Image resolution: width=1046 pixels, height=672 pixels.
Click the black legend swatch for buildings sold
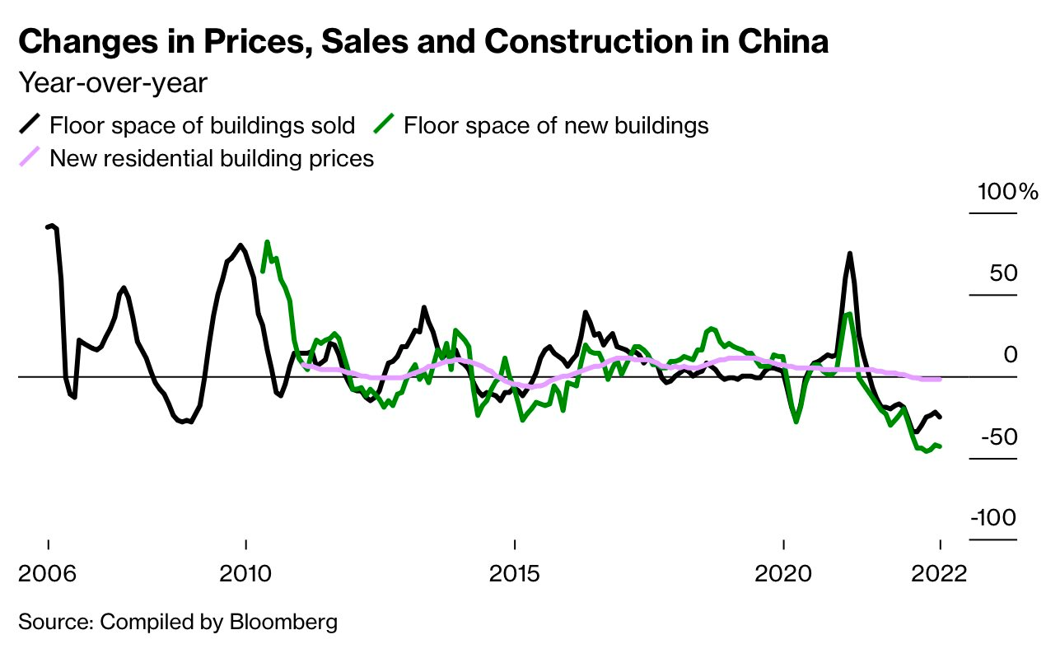click(x=30, y=125)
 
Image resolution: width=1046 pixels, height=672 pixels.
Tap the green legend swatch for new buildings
click(x=384, y=125)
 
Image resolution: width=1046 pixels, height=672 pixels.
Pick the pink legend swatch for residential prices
click(x=30, y=156)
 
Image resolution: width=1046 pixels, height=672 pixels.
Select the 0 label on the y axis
click(x=1011, y=355)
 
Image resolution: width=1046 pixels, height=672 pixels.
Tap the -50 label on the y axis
click(x=997, y=436)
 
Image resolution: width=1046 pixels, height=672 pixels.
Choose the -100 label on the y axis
click(x=993, y=518)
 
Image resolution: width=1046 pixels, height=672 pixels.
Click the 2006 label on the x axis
click(x=49, y=572)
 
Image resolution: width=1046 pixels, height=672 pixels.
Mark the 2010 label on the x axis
click(x=245, y=572)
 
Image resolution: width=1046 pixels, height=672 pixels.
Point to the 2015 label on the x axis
click(x=515, y=572)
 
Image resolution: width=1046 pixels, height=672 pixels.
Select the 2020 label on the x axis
click(x=783, y=572)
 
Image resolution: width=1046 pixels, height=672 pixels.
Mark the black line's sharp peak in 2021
click(x=849, y=254)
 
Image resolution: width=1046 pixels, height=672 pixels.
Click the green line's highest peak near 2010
click(x=267, y=242)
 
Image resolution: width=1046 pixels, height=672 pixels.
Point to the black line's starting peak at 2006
click(x=53, y=225)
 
